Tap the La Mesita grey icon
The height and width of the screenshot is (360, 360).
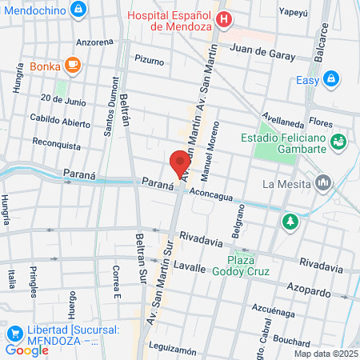coord(323,183)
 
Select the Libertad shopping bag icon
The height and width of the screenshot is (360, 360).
coord(14,333)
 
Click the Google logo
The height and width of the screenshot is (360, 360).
coord(26,350)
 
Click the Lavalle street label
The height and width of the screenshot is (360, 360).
coord(190,267)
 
